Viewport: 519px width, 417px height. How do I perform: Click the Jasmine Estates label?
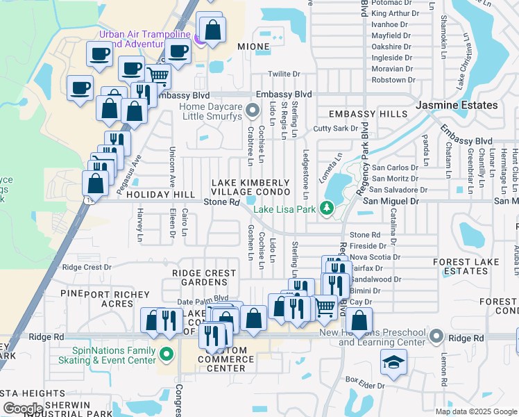[x=457, y=105]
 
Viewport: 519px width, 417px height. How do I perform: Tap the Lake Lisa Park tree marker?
[x=326, y=208]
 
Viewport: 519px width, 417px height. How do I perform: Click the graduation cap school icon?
[x=393, y=362]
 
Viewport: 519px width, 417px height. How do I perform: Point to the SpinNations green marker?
[x=166, y=355]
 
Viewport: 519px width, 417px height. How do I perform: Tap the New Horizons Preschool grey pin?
[x=435, y=337]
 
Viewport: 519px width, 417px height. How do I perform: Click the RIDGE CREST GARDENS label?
[x=200, y=278]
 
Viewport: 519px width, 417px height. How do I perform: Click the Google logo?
[x=22, y=409]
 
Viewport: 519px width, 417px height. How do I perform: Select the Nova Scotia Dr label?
[x=376, y=257]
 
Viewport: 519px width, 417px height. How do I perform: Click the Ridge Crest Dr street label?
[x=87, y=267]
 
